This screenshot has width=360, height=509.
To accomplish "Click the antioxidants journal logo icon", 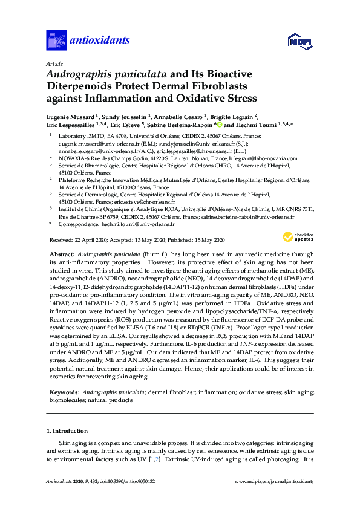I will point(56,41).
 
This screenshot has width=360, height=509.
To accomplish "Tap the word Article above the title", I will point(53,63).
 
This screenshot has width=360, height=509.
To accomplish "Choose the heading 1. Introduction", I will point(67,431).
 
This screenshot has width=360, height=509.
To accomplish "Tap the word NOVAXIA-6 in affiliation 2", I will point(76,158).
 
